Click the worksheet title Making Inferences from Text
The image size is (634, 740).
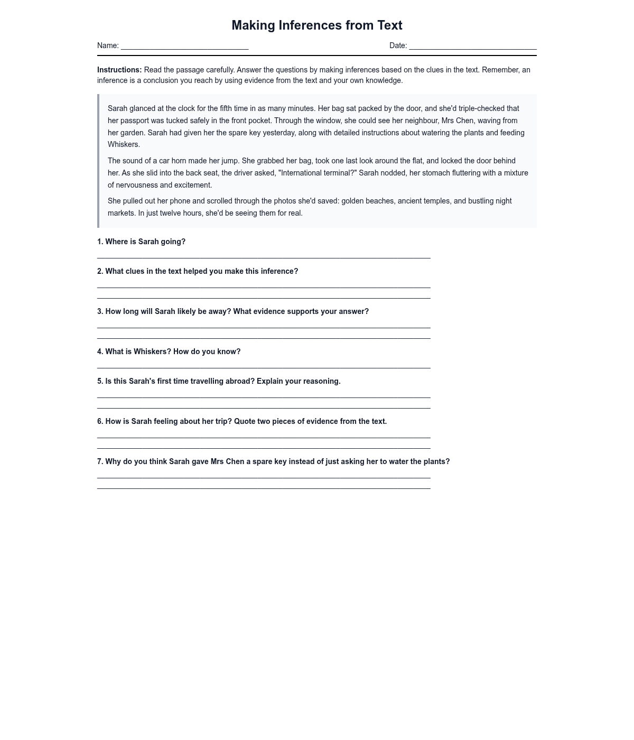317,25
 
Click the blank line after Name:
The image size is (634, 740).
184,47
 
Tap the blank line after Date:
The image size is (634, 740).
472,47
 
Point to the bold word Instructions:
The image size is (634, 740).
119,70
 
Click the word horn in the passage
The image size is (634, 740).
179,161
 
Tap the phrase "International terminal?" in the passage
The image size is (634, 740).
318,173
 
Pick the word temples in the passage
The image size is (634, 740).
433,201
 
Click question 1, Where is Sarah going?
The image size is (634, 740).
141,242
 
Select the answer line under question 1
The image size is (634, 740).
264,257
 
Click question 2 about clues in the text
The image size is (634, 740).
198,271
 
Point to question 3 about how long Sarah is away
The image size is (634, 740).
233,311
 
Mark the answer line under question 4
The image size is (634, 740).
264,367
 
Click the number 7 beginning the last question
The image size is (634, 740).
100,461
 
